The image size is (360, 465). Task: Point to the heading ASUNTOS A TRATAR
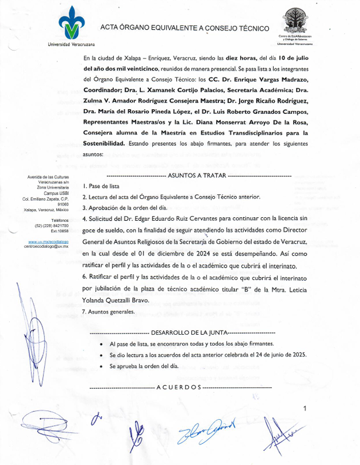(x=198, y=175)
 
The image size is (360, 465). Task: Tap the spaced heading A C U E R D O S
(x=179, y=388)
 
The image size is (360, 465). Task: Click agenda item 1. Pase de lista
(x=102, y=186)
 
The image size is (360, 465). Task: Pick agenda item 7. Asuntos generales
(x=109, y=312)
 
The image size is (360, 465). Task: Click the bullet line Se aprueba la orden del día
(x=143, y=366)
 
